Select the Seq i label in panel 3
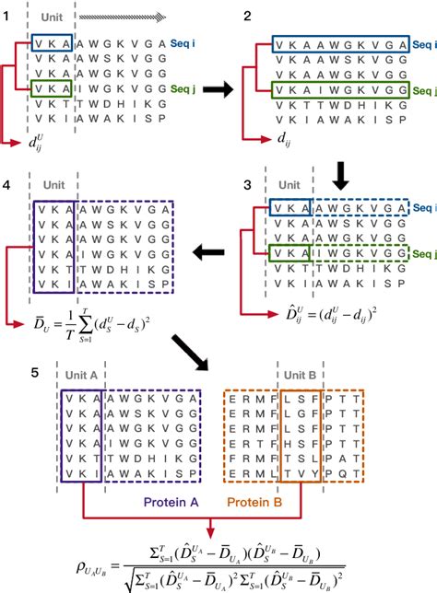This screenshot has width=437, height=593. (423, 208)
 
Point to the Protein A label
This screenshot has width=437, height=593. (141, 505)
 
